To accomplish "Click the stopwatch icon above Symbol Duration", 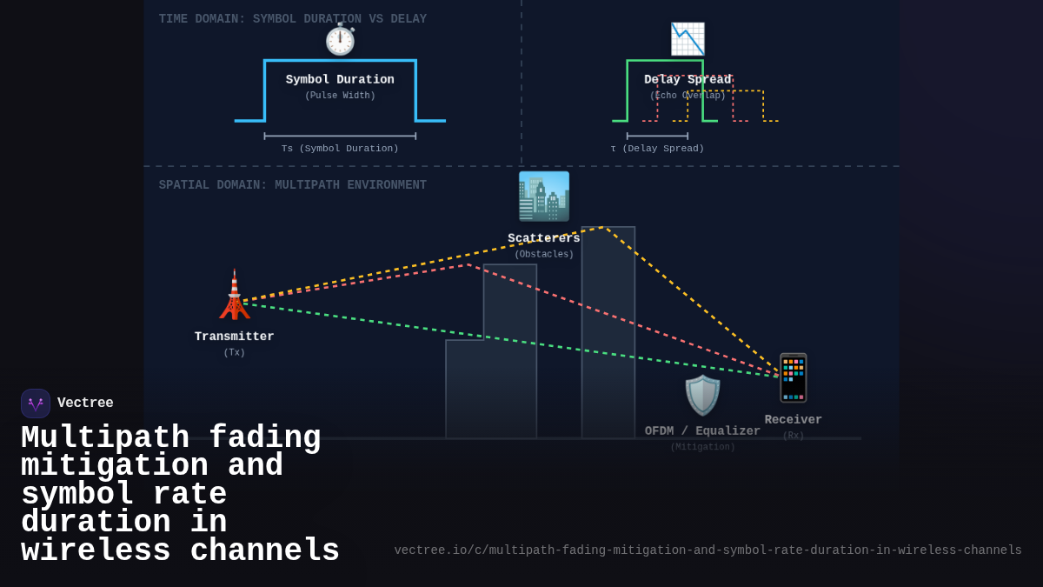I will (x=340, y=40).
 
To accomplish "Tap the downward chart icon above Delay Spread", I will (x=688, y=39).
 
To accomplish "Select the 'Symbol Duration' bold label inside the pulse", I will (x=340, y=80).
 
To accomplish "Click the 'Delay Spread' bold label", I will (x=688, y=80).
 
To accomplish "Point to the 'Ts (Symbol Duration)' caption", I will (x=340, y=149).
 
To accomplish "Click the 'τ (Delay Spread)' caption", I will (x=657, y=149).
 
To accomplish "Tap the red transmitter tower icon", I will (x=234, y=295).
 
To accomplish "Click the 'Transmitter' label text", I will (x=234, y=337).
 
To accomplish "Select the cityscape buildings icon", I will (x=544, y=197).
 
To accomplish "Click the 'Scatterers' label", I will (x=544, y=238).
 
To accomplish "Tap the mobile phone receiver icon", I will (x=793, y=377).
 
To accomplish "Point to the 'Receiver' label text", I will (x=793, y=420).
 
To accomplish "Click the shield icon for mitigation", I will (x=702, y=396).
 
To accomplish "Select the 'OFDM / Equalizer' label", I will (x=702, y=431).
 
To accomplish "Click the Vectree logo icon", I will (x=36, y=404).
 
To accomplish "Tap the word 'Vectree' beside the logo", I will (x=85, y=404).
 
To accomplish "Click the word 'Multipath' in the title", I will (x=105, y=437).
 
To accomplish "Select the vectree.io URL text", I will (x=708, y=550).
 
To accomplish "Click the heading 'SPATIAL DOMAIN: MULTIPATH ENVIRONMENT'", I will (x=292, y=185).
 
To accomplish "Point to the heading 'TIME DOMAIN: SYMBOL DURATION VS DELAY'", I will (x=292, y=19).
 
